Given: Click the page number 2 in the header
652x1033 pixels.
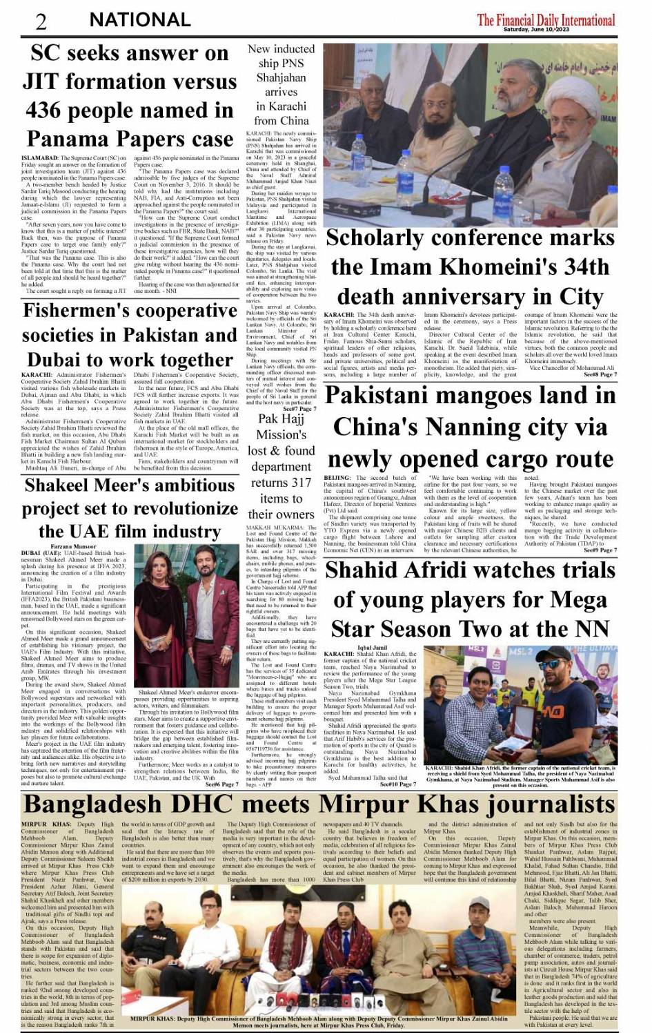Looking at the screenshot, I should tap(41, 21).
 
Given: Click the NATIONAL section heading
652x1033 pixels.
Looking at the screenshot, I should tap(140, 20).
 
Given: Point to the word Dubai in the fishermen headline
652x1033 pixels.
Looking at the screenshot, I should tap(55, 360).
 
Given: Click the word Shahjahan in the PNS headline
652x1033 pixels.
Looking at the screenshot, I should tap(281, 77).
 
